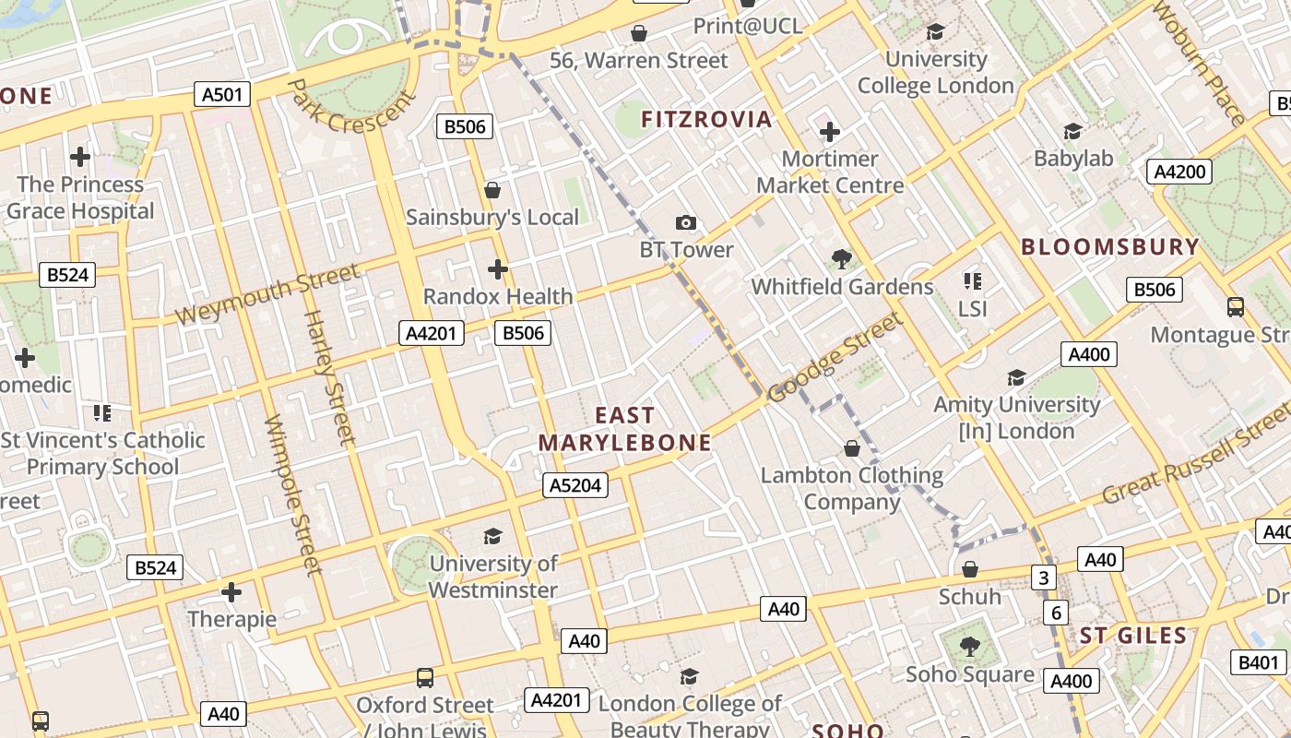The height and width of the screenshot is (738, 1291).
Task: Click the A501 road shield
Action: tap(223, 93)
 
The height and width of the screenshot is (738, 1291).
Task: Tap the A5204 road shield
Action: tap(576, 485)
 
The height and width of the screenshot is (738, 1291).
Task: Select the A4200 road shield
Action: tap(1179, 172)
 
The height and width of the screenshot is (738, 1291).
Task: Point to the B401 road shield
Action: tap(1259, 661)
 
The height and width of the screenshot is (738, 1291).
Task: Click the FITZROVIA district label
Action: tap(706, 119)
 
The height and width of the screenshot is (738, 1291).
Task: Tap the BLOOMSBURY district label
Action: tap(1110, 247)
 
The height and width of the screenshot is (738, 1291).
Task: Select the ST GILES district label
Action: tap(1132, 636)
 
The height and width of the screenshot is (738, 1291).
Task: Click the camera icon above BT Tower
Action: tap(686, 222)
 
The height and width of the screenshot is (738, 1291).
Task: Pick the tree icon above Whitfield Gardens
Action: tap(841, 259)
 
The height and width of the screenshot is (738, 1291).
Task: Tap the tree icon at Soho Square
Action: tap(969, 646)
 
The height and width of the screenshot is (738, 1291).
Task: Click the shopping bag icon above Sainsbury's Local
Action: tap(492, 190)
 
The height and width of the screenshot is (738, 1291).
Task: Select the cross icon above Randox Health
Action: tap(498, 269)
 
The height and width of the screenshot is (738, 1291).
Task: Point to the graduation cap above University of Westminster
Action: tap(493, 536)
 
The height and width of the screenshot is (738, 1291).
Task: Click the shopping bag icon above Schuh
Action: tap(969, 569)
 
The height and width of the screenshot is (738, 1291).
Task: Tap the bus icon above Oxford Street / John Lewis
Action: tap(425, 678)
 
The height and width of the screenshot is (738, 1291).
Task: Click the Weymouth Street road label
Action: tap(266, 294)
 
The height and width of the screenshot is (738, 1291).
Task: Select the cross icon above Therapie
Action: tap(231, 591)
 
